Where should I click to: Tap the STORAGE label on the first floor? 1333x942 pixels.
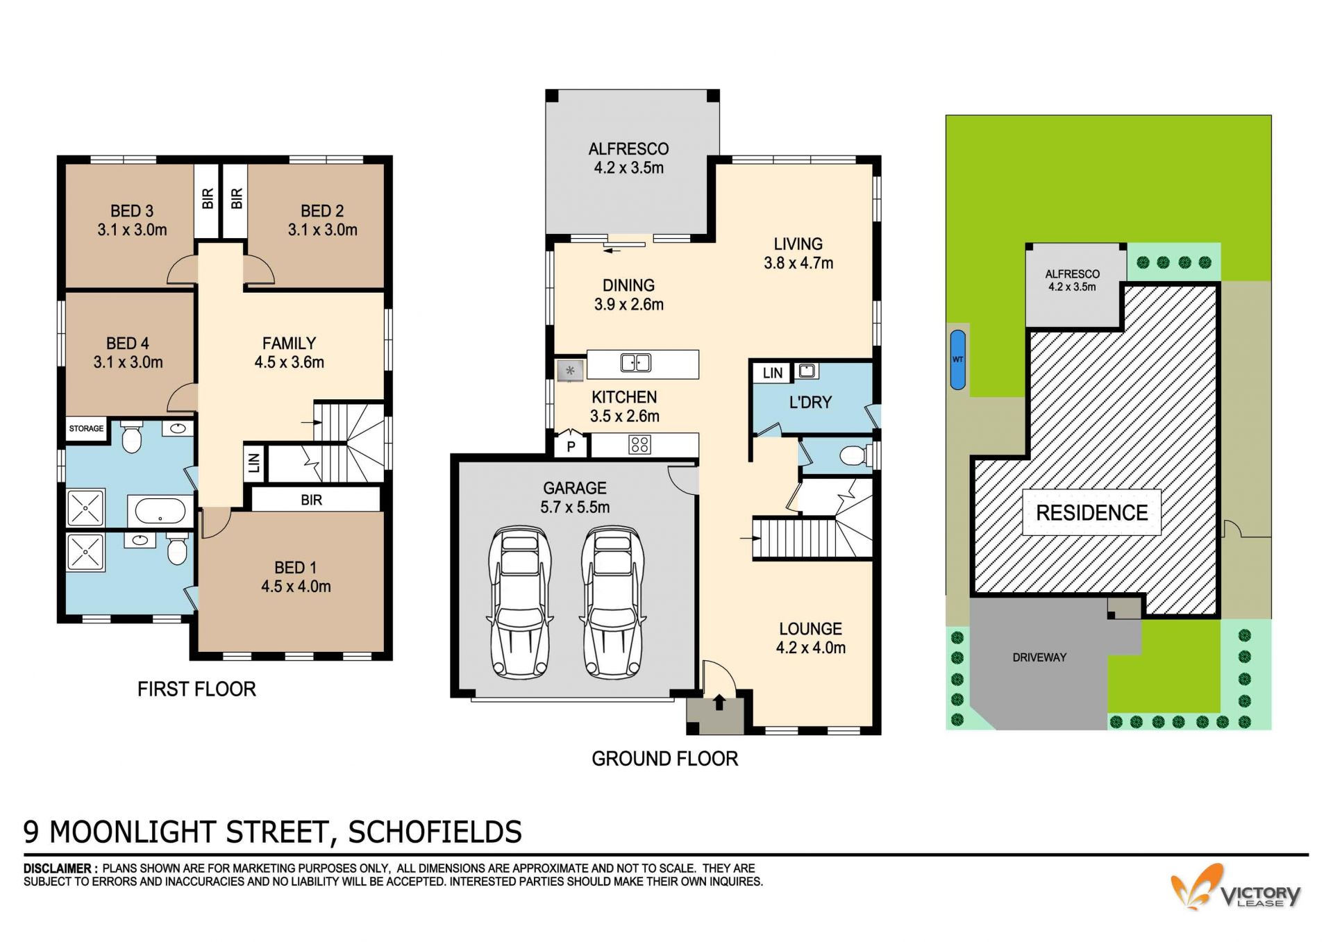pos(86,428)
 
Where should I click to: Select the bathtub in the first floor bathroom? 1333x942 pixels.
pos(160,512)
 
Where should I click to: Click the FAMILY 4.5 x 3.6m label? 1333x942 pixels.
pos(289,353)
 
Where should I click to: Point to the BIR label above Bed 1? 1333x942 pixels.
pos(311,500)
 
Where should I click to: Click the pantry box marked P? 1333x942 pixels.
pos(571,446)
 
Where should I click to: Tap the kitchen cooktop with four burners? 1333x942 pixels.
pos(639,445)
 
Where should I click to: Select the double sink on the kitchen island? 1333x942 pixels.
pos(635,362)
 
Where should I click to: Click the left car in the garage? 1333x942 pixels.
pos(520,603)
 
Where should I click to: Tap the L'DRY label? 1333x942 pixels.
pos(810,403)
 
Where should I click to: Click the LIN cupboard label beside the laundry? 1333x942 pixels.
pos(772,373)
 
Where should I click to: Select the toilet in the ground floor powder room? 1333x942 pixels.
pos(853,456)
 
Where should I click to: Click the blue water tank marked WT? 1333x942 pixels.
pos(957,360)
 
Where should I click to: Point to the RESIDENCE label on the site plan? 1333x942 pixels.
pos(1091,513)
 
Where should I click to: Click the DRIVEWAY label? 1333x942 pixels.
pos(1039,657)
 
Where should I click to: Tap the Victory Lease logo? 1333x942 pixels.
pos(1236,888)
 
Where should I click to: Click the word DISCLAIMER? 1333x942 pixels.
pos(58,868)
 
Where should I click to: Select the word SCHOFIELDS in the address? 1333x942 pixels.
pos(435,832)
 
